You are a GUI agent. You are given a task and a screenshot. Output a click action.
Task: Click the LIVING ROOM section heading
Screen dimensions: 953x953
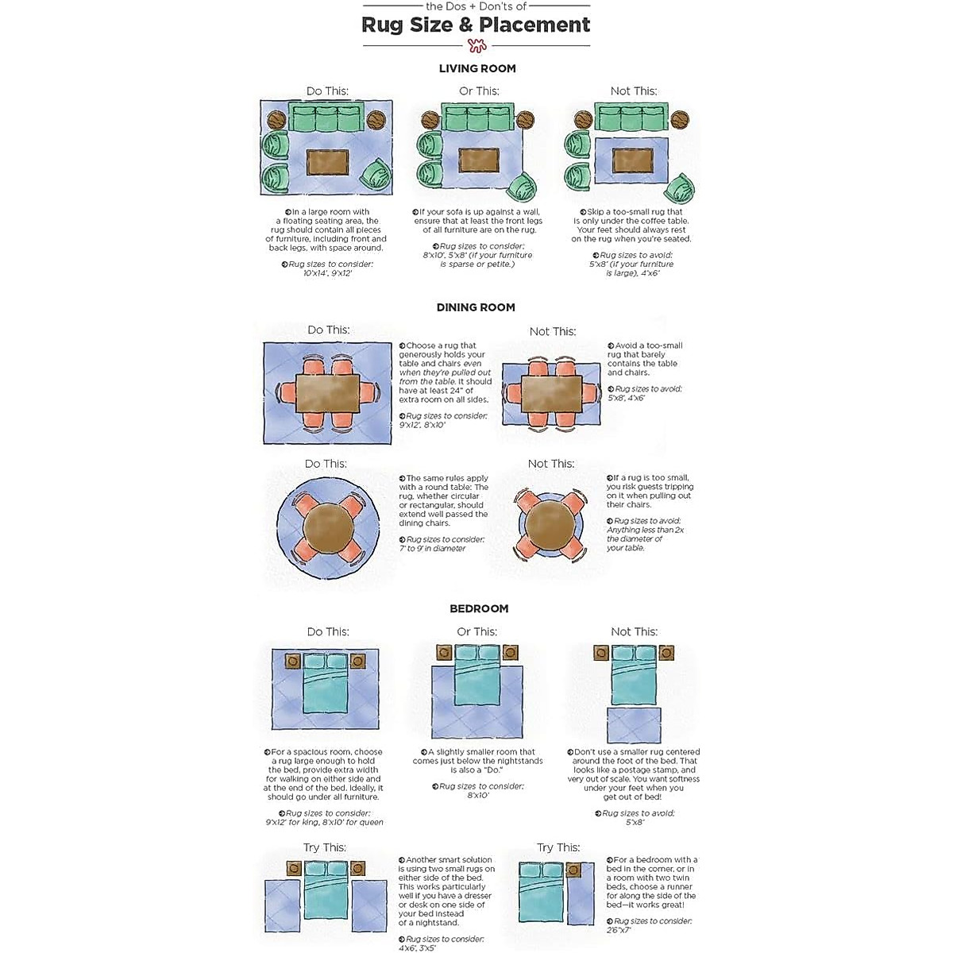pyautogui.click(x=477, y=69)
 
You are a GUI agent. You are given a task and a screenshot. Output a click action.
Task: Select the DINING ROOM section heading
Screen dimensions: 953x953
pyautogui.click(x=476, y=307)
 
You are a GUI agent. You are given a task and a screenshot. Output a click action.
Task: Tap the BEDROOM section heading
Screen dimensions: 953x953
pyautogui.click(x=479, y=608)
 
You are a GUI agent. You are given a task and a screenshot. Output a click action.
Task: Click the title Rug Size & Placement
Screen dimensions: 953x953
pyautogui.click(x=476, y=25)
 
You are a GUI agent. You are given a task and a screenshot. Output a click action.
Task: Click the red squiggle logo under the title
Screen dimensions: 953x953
pyautogui.click(x=476, y=45)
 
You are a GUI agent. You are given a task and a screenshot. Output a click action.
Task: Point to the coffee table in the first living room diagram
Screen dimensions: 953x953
pyautogui.click(x=327, y=163)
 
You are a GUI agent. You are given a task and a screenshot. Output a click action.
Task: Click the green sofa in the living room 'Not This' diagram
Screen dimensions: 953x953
pyautogui.click(x=632, y=119)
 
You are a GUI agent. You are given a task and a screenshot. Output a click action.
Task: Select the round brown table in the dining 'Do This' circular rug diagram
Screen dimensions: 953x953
pyautogui.click(x=327, y=526)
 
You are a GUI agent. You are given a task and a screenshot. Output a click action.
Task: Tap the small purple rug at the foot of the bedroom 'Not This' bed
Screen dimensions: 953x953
pyautogui.click(x=634, y=724)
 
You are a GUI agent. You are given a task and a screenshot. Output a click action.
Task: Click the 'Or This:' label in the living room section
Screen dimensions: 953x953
pyautogui.click(x=479, y=91)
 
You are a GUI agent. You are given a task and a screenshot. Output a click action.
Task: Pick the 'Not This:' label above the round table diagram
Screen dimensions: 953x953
pyautogui.click(x=551, y=464)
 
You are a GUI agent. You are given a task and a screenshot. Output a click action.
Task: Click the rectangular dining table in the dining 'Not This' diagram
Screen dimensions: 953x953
pyautogui.click(x=551, y=392)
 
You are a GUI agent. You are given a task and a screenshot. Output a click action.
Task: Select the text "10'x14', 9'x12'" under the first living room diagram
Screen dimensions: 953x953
pyautogui.click(x=327, y=273)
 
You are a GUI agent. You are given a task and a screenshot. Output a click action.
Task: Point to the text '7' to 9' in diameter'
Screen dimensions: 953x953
pyautogui.click(x=432, y=549)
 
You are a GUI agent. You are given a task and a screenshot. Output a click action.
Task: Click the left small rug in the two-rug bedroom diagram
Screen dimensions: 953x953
pyautogui.click(x=281, y=905)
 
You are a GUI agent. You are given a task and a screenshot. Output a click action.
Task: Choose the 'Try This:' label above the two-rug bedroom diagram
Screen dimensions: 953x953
pyautogui.click(x=325, y=847)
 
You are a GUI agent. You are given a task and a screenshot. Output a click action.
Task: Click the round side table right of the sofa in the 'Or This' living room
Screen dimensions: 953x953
pyautogui.click(x=525, y=121)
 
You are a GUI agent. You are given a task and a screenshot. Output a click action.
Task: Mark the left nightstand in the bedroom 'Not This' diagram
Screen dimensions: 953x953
pyautogui.click(x=601, y=653)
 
